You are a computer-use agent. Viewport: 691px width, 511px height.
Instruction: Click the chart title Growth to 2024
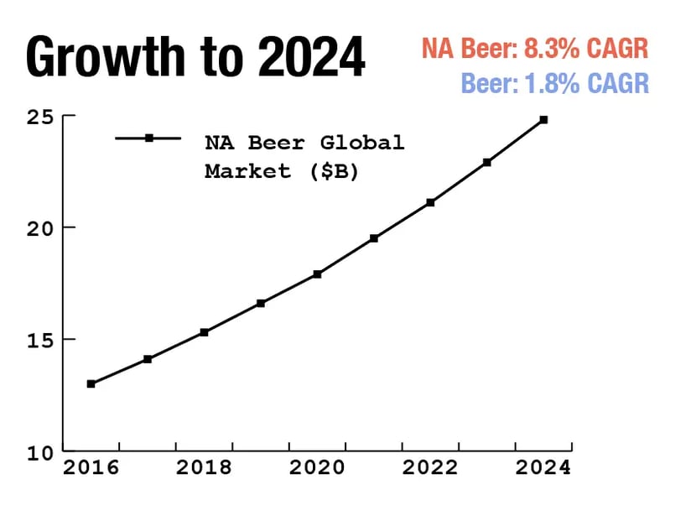(x=196, y=57)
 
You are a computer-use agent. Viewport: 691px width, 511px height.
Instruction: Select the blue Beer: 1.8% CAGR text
(x=554, y=84)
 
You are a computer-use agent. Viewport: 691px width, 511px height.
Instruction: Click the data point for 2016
(x=91, y=383)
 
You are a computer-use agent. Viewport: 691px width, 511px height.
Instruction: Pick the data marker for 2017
(x=148, y=359)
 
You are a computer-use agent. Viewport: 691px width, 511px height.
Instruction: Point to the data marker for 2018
(x=204, y=332)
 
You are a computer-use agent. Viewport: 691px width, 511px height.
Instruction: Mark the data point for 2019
(x=261, y=303)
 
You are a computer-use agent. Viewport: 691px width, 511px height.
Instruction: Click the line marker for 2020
(x=317, y=274)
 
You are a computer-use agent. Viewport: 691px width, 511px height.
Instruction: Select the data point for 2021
(x=374, y=238)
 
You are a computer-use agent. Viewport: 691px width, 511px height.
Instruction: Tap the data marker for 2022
(x=430, y=202)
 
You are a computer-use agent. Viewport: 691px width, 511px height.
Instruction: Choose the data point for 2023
(x=487, y=162)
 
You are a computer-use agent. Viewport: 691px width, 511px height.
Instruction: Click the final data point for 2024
(x=543, y=120)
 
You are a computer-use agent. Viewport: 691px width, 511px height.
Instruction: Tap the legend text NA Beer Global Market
(x=304, y=156)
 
